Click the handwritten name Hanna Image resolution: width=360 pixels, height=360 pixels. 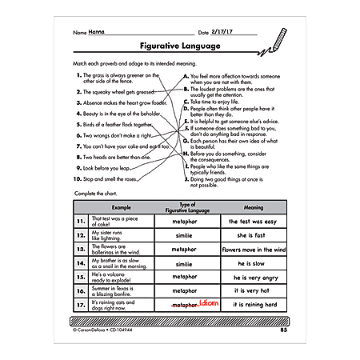98,33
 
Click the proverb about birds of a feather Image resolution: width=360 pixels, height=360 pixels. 115,125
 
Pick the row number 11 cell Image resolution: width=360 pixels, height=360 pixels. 81,220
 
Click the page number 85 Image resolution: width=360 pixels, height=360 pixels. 284,330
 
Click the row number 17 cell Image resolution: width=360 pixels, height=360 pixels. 81,305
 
